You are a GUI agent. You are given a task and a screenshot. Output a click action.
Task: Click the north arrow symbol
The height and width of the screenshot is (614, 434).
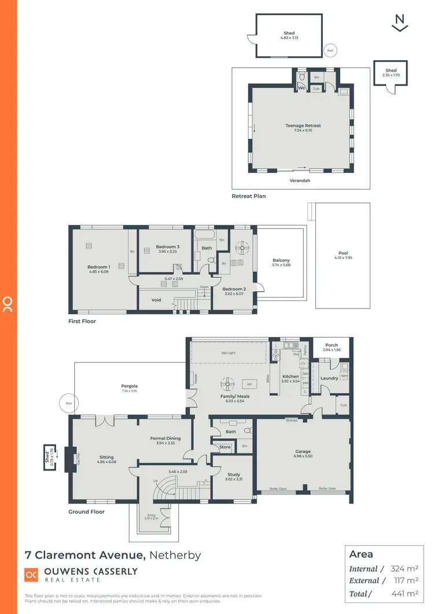400,23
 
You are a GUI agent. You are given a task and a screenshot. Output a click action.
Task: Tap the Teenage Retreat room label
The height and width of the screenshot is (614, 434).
303,126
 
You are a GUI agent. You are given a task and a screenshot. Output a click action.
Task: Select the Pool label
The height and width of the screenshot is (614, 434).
343,253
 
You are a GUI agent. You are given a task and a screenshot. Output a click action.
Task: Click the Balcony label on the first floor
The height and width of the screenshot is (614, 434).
281,260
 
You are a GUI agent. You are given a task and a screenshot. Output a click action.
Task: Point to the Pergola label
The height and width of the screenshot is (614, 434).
128,385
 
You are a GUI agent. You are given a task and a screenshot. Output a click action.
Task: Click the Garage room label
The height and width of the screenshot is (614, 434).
303,451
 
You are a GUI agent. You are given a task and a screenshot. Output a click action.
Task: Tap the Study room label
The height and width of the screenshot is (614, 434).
233,475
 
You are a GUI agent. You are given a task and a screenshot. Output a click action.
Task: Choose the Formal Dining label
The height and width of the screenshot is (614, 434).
165,438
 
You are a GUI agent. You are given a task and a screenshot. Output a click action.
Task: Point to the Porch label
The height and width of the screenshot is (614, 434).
332,345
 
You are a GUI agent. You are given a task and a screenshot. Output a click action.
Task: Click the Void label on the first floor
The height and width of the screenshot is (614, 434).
156,300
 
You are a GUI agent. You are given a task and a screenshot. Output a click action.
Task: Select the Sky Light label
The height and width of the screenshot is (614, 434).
229,351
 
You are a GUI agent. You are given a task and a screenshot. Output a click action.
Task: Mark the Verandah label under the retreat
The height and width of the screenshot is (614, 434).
300,180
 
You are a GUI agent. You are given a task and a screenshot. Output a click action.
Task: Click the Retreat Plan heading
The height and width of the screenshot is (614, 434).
249,196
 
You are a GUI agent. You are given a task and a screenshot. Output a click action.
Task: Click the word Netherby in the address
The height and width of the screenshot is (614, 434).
175,555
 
